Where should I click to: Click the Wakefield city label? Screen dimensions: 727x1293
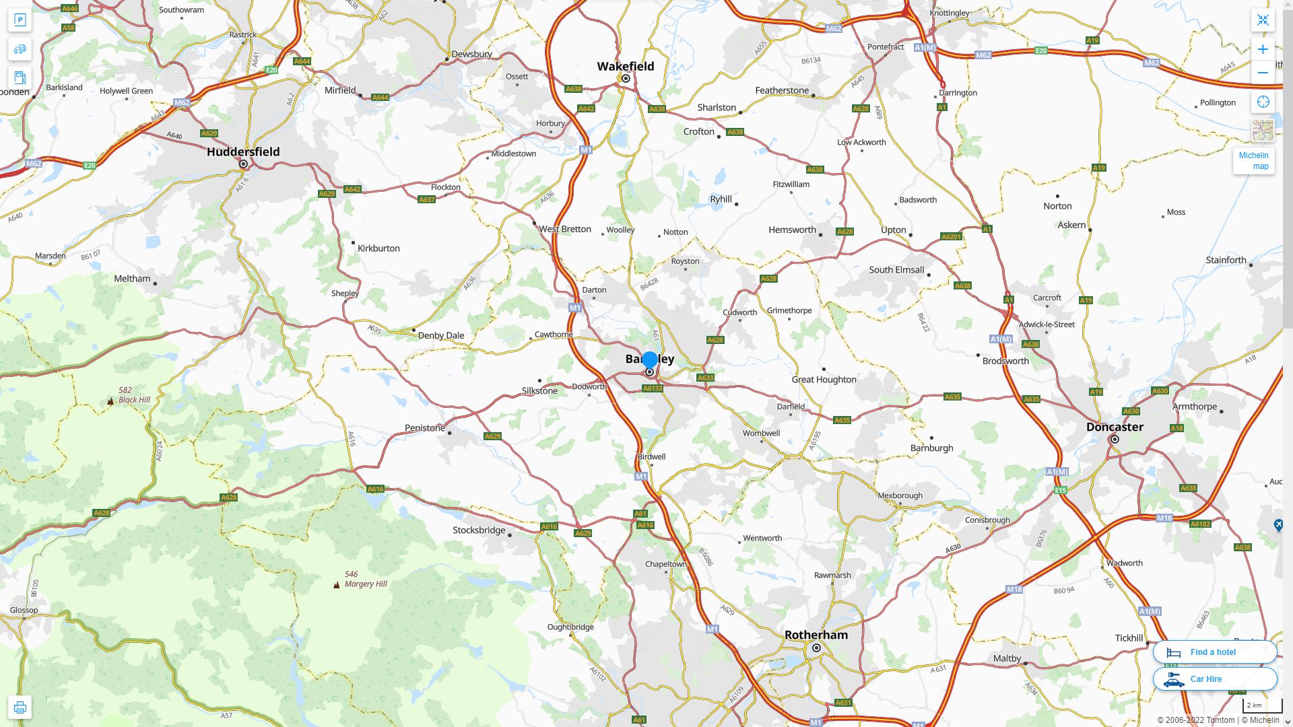(625, 66)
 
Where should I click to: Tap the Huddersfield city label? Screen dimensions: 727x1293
(243, 151)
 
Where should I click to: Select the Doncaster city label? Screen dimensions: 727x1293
(1115, 427)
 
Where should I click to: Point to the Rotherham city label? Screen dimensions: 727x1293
(816, 635)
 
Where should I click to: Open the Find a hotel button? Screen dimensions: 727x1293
(1214, 652)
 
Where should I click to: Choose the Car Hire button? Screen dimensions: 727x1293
(1214, 679)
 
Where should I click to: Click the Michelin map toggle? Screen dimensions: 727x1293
(1253, 160)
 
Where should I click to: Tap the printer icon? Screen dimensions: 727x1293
(20, 707)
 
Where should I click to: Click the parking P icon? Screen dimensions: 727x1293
(20, 20)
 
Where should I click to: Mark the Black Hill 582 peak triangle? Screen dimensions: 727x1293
(110, 401)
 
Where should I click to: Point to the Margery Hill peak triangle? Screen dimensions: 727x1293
(337, 585)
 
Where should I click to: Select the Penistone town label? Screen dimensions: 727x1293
(425, 428)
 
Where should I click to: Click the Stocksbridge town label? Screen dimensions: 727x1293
(479, 530)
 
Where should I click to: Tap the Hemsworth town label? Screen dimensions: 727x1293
(792, 230)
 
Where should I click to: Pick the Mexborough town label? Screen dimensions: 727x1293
(900, 495)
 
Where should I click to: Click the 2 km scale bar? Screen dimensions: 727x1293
(1262, 705)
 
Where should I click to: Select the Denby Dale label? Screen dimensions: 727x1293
(441, 335)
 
